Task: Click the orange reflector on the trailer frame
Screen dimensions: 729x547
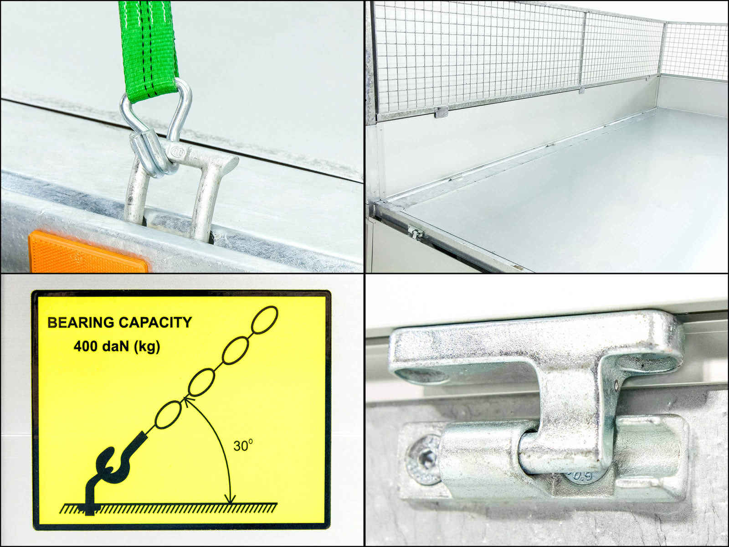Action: (x=88, y=253)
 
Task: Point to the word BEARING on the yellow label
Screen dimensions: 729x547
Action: (x=81, y=322)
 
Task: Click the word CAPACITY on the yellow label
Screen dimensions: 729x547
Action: (x=155, y=322)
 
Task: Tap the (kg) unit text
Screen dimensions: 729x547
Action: (x=146, y=347)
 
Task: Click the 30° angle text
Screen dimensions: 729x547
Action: (x=243, y=445)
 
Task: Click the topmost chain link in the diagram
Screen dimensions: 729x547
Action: (x=265, y=320)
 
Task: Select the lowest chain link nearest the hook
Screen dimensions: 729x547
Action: (x=169, y=414)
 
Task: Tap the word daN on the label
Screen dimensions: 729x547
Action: (x=116, y=346)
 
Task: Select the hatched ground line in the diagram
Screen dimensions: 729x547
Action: (x=168, y=508)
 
